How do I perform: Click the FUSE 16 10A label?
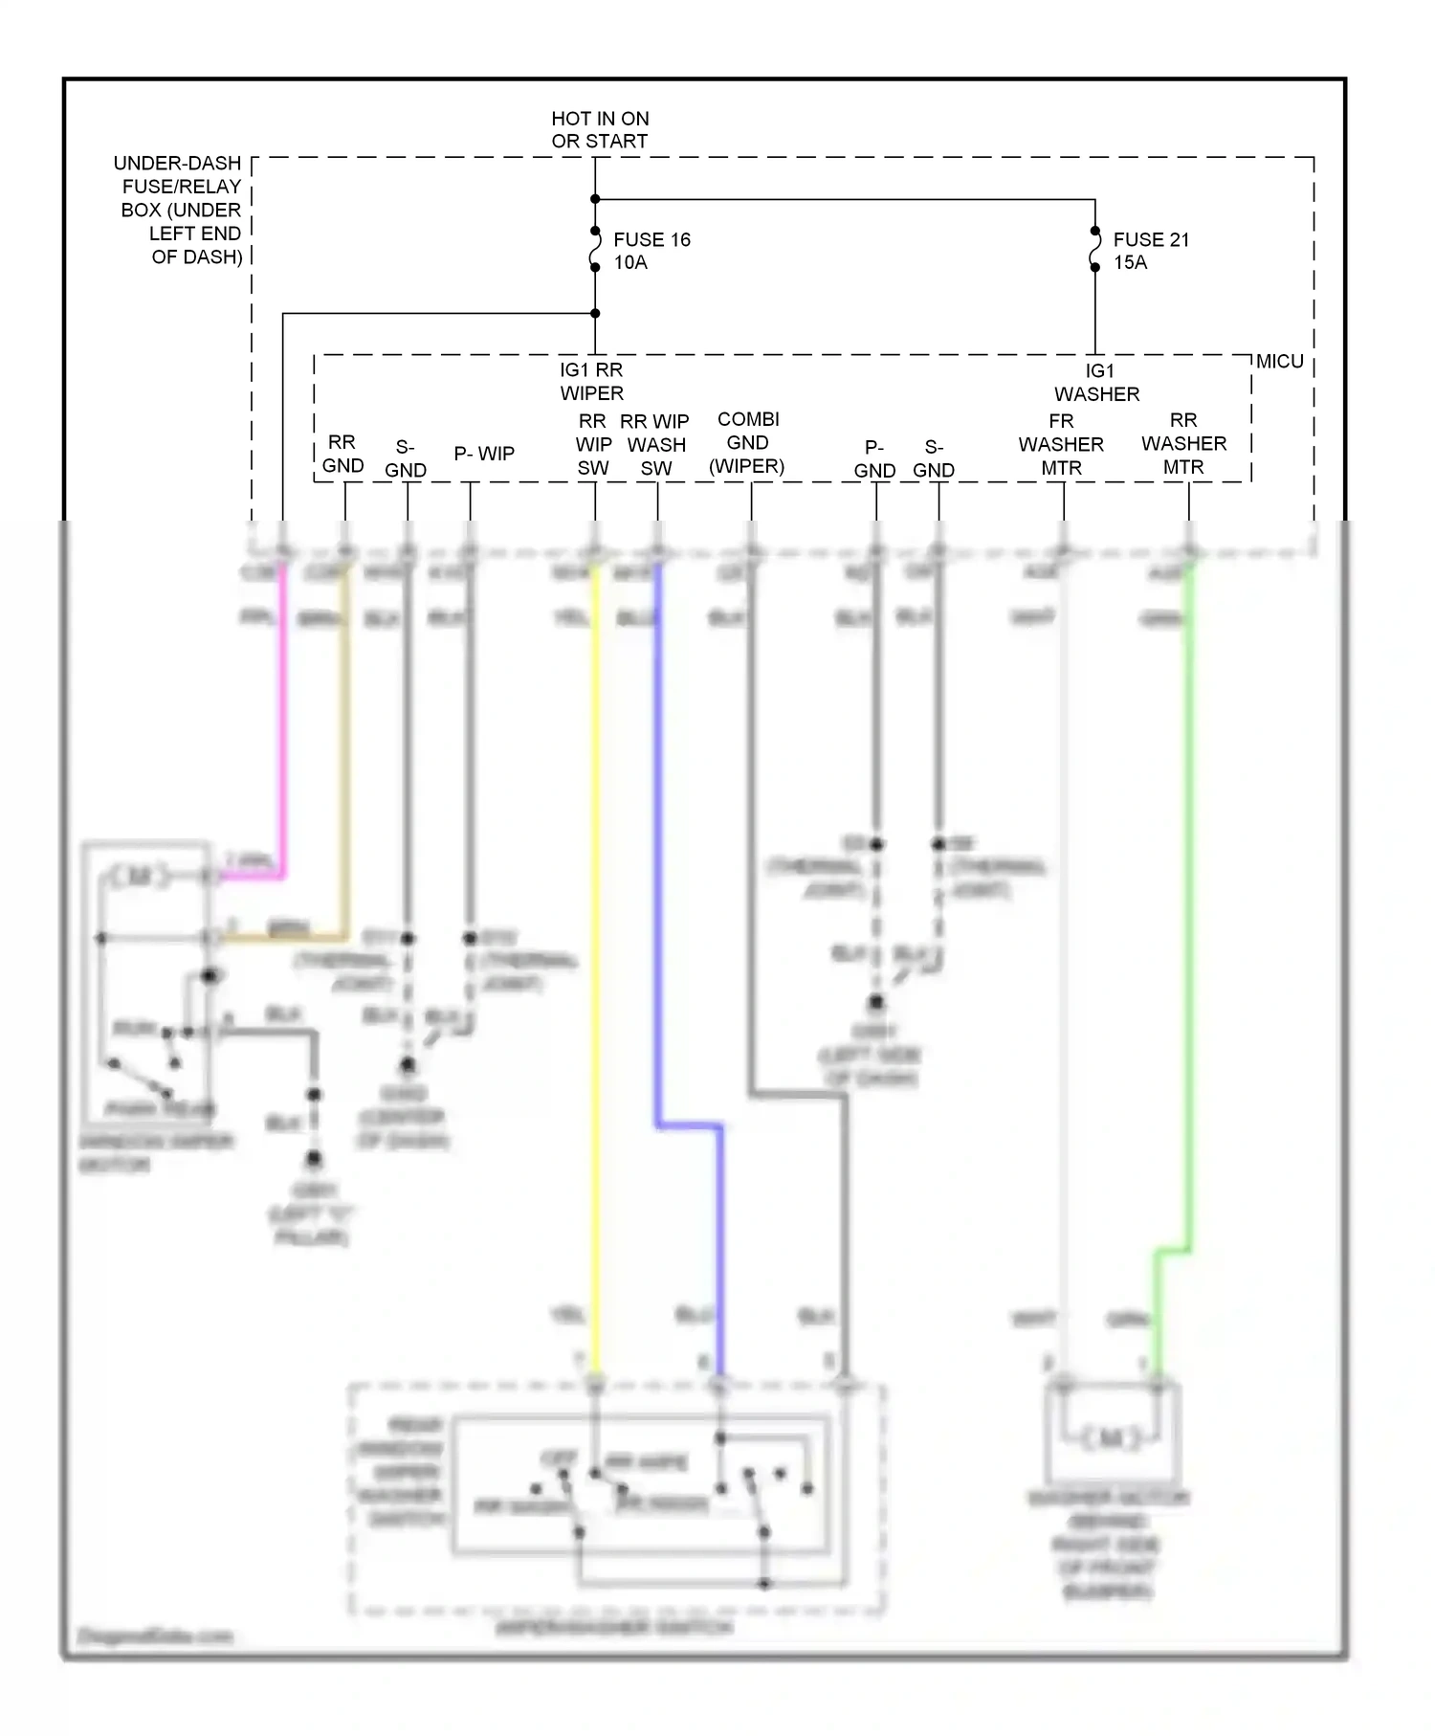(651, 251)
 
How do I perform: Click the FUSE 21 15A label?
(1151, 251)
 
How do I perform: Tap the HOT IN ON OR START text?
(600, 129)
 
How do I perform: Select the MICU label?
(1279, 362)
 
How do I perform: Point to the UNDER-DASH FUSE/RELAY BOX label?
(181, 210)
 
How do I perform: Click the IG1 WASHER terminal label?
(1097, 382)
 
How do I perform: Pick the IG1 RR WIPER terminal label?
(591, 381)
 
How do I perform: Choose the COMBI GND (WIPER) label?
(747, 443)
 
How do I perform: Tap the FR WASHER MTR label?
(1061, 444)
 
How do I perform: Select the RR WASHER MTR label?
(1183, 443)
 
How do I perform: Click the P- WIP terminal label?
(484, 454)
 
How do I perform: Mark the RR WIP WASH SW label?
(656, 444)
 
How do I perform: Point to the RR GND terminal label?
(342, 454)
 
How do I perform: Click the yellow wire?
(595, 957)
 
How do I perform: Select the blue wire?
(657, 861)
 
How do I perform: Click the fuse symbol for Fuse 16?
(595, 250)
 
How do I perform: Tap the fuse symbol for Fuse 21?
(1094, 250)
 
